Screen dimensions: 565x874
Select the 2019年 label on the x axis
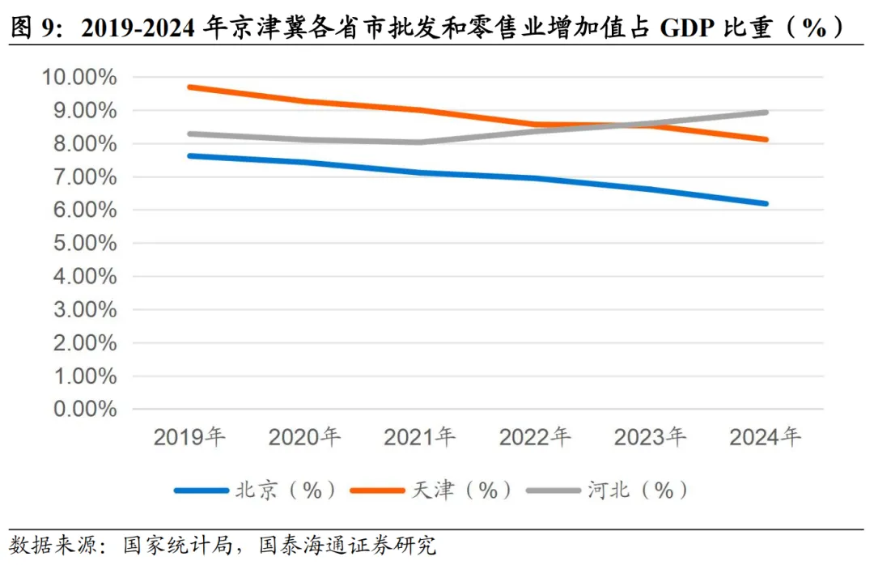(x=189, y=438)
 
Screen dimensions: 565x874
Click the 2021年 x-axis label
(x=420, y=438)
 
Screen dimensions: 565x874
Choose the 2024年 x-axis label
(x=765, y=438)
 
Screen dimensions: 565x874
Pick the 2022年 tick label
(x=535, y=438)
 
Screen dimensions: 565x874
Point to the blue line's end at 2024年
(x=765, y=203)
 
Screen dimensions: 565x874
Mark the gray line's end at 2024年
(x=765, y=113)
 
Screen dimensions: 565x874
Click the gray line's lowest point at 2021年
(x=420, y=142)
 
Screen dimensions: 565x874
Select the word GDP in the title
(x=687, y=29)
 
